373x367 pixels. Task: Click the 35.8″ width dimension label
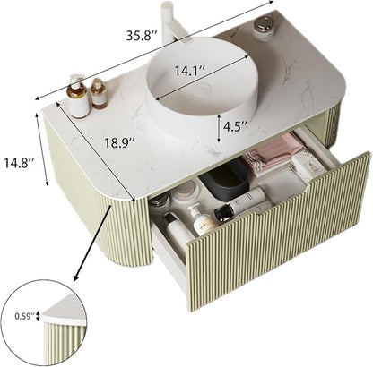click(x=142, y=36)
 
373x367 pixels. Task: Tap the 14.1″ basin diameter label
click(x=189, y=71)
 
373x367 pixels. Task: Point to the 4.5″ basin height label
click(x=235, y=126)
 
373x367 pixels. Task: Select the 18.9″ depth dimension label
click(x=119, y=142)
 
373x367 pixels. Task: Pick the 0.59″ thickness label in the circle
click(x=25, y=316)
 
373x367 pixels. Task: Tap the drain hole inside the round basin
click(x=204, y=89)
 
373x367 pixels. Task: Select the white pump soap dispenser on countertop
click(x=77, y=96)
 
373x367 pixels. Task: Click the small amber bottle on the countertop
click(x=99, y=93)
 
